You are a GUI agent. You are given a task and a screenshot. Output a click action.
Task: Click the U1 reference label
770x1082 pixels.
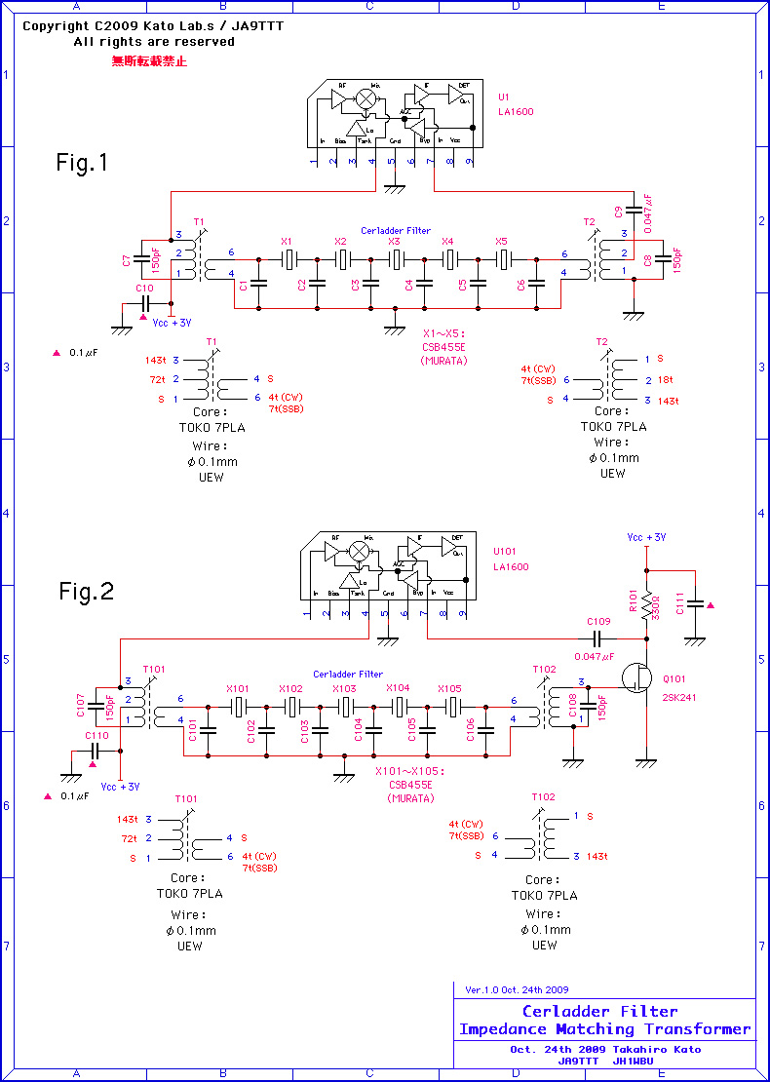pos(503,97)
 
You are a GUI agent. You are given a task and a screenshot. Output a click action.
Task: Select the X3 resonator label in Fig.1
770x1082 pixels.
pos(394,241)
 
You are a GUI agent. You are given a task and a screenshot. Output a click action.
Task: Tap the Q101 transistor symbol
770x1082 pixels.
pos(638,678)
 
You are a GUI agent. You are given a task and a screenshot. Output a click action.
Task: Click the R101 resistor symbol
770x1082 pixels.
pos(646,604)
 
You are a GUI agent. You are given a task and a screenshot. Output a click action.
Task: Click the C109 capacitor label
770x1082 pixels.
pos(598,621)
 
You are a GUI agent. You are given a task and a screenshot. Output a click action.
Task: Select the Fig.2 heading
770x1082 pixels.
pos(87,591)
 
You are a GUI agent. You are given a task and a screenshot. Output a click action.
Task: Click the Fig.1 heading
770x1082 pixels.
pos(82,163)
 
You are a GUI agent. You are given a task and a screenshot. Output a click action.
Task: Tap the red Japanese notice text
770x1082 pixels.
pos(149,60)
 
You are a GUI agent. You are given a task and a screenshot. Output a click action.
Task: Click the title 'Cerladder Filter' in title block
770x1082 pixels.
pos(599,1011)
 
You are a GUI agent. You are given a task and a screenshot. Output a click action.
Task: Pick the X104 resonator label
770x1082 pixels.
pos(398,687)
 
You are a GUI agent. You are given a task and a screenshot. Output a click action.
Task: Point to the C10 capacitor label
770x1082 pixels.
pos(144,289)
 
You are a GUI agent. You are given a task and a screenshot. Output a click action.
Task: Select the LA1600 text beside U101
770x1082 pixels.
pos(511,566)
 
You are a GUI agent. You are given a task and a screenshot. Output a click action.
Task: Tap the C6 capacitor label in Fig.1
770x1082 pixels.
pos(521,285)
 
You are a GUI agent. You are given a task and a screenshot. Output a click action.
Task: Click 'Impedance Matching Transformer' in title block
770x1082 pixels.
pos(604,1028)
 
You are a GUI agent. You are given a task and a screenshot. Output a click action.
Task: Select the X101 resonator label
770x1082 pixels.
pos(239,687)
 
